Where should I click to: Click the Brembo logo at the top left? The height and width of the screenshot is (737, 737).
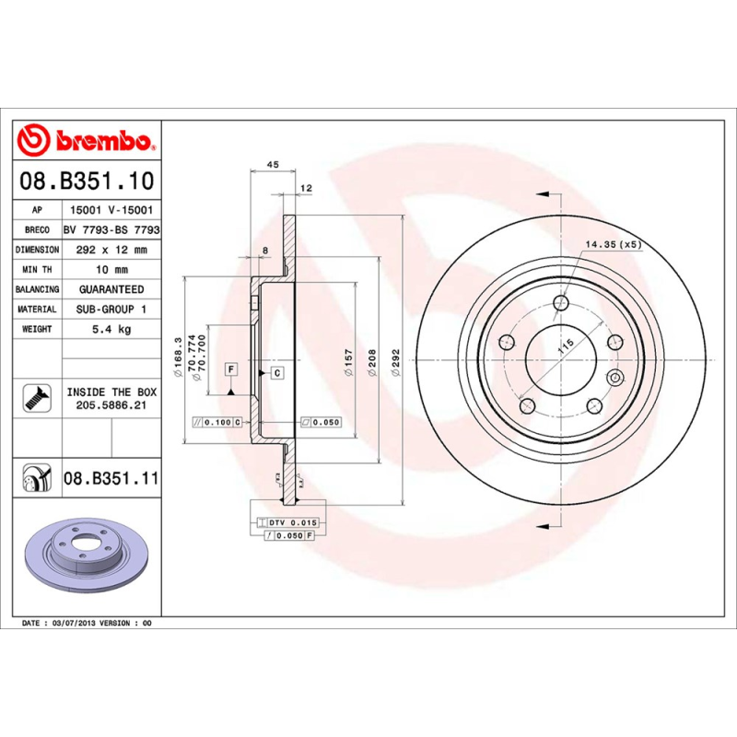tap(85, 141)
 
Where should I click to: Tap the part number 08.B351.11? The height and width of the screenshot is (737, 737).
tap(111, 478)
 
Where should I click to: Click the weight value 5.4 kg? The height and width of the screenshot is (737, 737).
tap(111, 329)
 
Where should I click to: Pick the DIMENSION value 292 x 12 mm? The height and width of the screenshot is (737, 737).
tap(111, 250)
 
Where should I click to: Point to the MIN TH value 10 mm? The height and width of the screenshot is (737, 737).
tap(111, 270)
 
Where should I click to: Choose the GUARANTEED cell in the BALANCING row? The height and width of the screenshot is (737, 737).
tap(111, 289)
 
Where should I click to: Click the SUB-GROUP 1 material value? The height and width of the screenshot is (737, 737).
tap(111, 310)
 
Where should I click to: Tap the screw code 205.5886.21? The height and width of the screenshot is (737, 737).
tap(111, 404)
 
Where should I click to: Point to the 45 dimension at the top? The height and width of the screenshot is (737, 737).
tap(272, 164)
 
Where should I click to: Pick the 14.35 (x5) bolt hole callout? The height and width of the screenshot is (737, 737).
tap(612, 244)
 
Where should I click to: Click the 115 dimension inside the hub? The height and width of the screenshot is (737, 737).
tap(565, 349)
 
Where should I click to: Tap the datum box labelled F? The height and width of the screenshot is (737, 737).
tap(231, 369)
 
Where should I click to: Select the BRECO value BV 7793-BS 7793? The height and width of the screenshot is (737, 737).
tap(111, 230)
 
